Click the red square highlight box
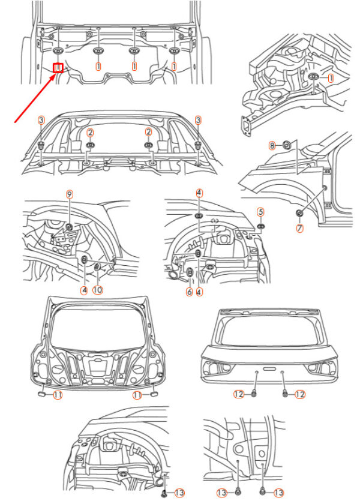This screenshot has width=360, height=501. (x=58, y=68)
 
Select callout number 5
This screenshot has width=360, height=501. (x=260, y=211)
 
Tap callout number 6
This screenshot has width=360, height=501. (x=190, y=292)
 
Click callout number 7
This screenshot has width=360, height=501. (x=299, y=228)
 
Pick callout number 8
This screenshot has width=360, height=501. (x=272, y=145)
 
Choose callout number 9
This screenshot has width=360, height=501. (x=69, y=194)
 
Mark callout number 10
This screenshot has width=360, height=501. (x=98, y=289)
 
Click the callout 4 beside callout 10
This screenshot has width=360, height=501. (x=85, y=289)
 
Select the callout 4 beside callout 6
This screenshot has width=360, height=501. (x=199, y=292)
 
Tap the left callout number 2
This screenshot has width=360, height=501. (x=90, y=132)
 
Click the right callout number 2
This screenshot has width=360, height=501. (x=148, y=132)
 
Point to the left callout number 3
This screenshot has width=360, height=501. (x=41, y=121)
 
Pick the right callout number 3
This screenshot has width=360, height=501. (x=197, y=121)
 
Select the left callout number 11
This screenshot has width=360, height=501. (x=58, y=394)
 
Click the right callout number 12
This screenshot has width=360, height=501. (x=300, y=394)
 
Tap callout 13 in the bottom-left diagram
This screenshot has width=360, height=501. (x=179, y=493)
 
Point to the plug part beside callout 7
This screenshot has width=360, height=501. (x=299, y=214)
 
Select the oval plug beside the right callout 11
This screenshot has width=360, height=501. (x=153, y=394)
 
